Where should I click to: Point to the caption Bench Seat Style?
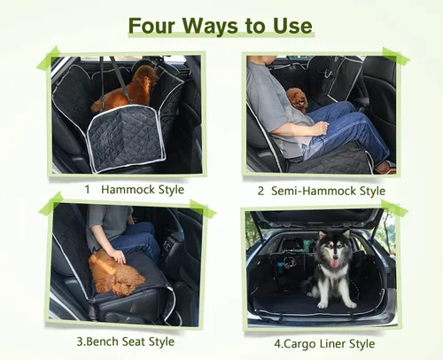[128, 341]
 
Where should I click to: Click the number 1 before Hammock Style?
[87, 190]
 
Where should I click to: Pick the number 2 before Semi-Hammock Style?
[261, 191]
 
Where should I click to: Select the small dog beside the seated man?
[299, 99]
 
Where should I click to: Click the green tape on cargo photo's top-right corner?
[392, 210]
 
